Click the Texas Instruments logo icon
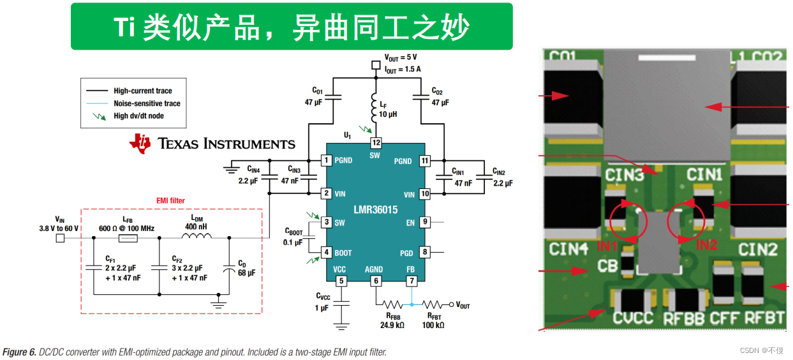(140, 143)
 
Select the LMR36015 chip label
(375, 209)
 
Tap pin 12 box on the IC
(376, 143)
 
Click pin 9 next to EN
(424, 222)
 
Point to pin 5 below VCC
(341, 281)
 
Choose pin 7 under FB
(411, 281)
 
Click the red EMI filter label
(170, 200)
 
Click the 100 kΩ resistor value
(433, 325)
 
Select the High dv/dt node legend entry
(138, 116)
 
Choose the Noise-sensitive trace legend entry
(147, 103)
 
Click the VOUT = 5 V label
(401, 57)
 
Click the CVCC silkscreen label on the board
(633, 317)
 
